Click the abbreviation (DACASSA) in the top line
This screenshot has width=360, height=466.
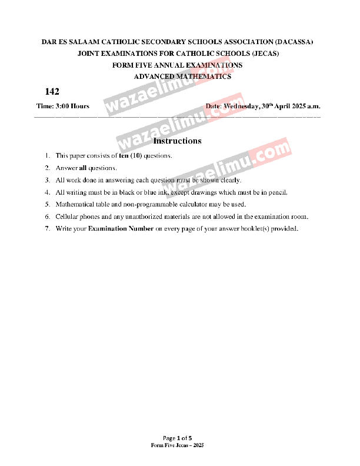(x=293, y=42)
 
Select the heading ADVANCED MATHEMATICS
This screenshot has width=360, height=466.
(x=182, y=76)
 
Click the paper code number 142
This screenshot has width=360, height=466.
(x=52, y=92)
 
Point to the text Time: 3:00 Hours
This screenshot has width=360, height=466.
(x=63, y=106)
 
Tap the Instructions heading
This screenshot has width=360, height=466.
(x=177, y=141)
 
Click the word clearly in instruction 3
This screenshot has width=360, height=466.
(x=229, y=180)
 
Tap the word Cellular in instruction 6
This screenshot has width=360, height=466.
(x=67, y=217)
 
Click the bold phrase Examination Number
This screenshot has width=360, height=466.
(x=121, y=228)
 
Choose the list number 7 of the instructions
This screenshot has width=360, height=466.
(x=47, y=228)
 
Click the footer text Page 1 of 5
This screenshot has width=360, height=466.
(x=178, y=438)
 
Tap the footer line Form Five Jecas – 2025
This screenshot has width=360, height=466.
(x=177, y=445)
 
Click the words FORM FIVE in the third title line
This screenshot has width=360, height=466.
(x=128, y=65)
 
